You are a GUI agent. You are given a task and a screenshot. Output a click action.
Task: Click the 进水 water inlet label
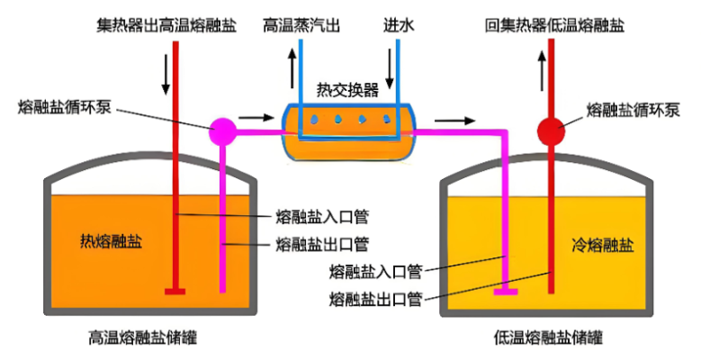point(399,24)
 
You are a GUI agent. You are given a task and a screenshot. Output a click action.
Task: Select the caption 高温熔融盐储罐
point(143,338)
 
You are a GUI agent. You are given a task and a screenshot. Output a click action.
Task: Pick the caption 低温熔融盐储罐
point(549,338)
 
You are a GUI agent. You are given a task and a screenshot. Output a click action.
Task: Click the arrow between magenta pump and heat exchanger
point(256,117)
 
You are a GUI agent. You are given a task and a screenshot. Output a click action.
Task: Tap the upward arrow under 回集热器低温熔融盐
point(541,67)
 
